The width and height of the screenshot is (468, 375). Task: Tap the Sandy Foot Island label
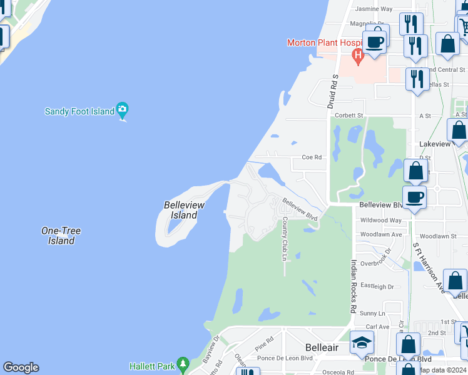[x=79, y=112]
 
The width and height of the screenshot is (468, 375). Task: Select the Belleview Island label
[x=181, y=210]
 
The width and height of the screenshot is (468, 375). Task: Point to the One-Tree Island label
[x=61, y=236]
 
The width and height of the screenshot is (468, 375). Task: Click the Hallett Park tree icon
[x=183, y=364]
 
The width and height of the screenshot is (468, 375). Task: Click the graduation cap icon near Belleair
[x=361, y=342]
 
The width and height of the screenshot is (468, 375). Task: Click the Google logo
[x=21, y=367]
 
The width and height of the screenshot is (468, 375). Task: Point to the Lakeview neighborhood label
[x=434, y=144]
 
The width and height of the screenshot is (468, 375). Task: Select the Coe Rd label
[x=312, y=157]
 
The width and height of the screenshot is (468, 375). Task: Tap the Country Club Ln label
[x=284, y=239]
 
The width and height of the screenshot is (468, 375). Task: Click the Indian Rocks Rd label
[x=354, y=286]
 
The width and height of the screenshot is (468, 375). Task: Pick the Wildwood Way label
[x=381, y=220]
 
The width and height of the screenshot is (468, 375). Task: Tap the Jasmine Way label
[x=374, y=9]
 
